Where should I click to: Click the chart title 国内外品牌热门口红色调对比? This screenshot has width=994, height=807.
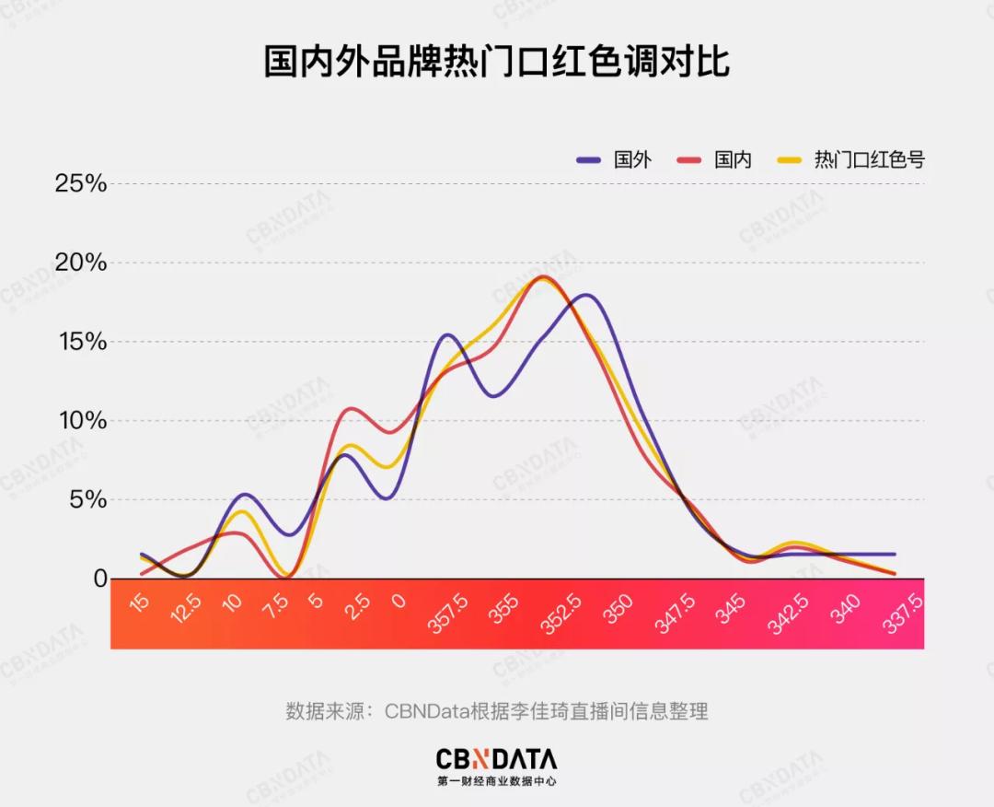point(496,64)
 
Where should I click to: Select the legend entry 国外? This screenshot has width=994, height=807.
point(632,159)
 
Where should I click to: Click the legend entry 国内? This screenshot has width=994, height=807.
point(734,159)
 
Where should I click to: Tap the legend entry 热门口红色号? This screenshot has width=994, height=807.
point(869,159)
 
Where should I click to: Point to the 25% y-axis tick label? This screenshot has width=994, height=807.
point(81,183)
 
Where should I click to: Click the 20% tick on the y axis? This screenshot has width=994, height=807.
point(81,263)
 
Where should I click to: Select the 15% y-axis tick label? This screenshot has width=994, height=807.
point(81,342)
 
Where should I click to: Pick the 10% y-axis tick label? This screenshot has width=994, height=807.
point(81,421)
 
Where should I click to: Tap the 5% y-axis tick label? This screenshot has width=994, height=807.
point(88,500)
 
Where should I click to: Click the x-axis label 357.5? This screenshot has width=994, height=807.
point(448,614)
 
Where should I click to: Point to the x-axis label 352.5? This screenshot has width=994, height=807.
point(560,614)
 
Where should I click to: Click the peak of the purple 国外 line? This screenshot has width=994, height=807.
point(585,295)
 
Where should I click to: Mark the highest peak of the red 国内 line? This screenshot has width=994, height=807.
point(543,276)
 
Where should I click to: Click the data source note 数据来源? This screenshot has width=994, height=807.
point(496,711)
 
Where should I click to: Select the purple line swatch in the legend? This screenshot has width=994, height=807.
point(589,159)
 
